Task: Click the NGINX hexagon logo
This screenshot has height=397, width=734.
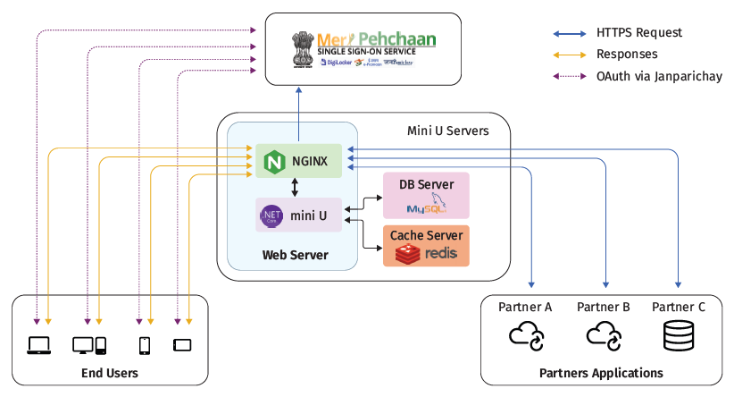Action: (x=273, y=162)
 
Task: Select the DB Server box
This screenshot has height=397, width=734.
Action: (x=426, y=196)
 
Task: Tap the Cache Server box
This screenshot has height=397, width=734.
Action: (x=426, y=246)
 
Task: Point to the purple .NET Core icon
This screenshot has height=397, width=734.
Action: (x=271, y=215)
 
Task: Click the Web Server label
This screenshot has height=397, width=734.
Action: (x=295, y=255)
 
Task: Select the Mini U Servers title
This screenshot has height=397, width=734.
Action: (x=447, y=131)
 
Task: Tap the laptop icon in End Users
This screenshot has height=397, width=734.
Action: (x=40, y=343)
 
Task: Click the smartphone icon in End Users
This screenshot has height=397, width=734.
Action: (x=144, y=344)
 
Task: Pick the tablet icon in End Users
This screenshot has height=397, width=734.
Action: (x=182, y=344)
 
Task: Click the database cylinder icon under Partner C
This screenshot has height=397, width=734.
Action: (x=678, y=336)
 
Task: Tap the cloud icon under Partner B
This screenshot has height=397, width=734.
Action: (x=603, y=336)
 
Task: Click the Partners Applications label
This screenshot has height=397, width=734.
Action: (x=601, y=372)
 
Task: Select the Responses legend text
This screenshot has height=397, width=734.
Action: (x=627, y=55)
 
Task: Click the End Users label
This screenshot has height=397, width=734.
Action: (x=108, y=372)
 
